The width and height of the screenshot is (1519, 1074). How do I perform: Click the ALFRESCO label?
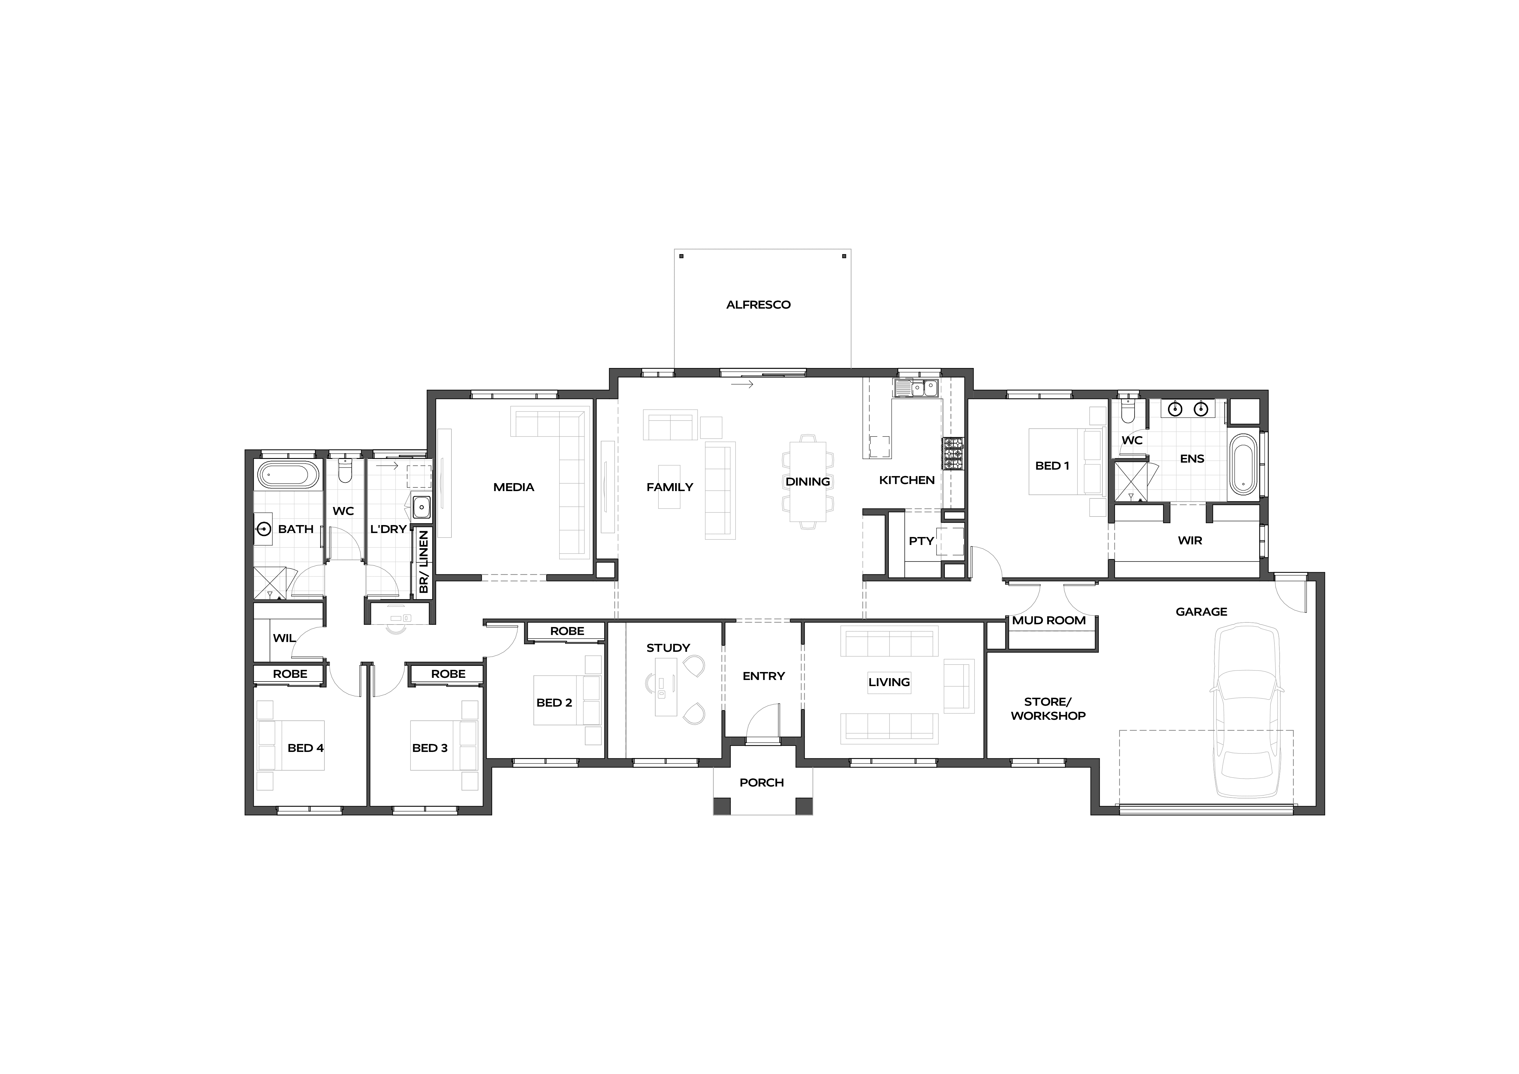pos(758,305)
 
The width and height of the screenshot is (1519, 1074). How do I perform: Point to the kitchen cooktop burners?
pos(953,454)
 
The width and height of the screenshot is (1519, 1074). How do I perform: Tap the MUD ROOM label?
pos(1049,621)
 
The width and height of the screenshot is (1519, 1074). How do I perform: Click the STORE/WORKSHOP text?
pos(1048,709)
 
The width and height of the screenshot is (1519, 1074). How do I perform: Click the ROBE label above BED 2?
pos(567,631)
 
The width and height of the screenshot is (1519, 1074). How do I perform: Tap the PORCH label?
pos(761,783)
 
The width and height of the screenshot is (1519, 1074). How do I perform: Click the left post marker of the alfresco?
pos(681,256)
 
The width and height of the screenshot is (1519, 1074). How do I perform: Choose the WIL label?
pos(284,638)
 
